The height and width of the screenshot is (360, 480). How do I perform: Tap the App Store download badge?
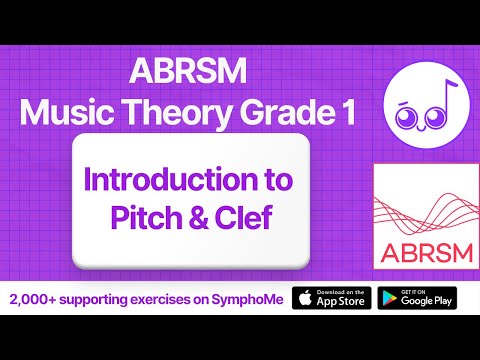click(x=331, y=297)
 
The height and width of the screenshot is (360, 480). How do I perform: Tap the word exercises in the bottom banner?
click(x=158, y=298)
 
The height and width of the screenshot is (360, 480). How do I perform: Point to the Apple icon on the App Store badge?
click(x=304, y=297)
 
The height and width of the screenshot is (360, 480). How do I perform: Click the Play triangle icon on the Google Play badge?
click(x=390, y=297)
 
